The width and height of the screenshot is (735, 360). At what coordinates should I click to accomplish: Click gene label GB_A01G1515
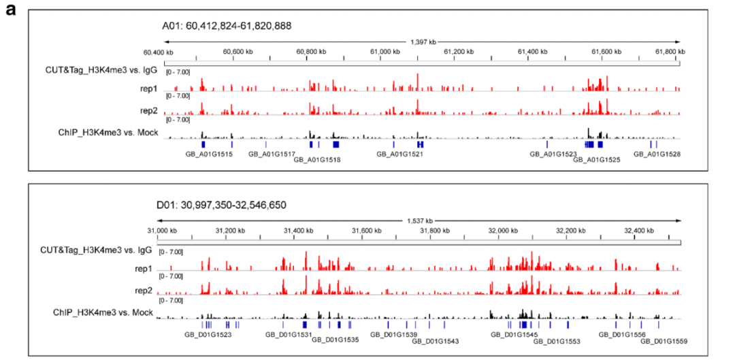coord(209,154)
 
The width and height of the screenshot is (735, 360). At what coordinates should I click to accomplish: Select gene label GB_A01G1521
coord(400,154)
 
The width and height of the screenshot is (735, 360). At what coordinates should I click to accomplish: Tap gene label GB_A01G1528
coord(657,154)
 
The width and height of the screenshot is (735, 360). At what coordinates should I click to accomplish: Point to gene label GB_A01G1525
coord(597,160)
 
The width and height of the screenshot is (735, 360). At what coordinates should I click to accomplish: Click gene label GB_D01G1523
coord(208,334)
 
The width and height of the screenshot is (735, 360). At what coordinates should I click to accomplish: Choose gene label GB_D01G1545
coord(515,334)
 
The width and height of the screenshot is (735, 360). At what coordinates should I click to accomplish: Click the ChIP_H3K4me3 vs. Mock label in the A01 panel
coord(109,132)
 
